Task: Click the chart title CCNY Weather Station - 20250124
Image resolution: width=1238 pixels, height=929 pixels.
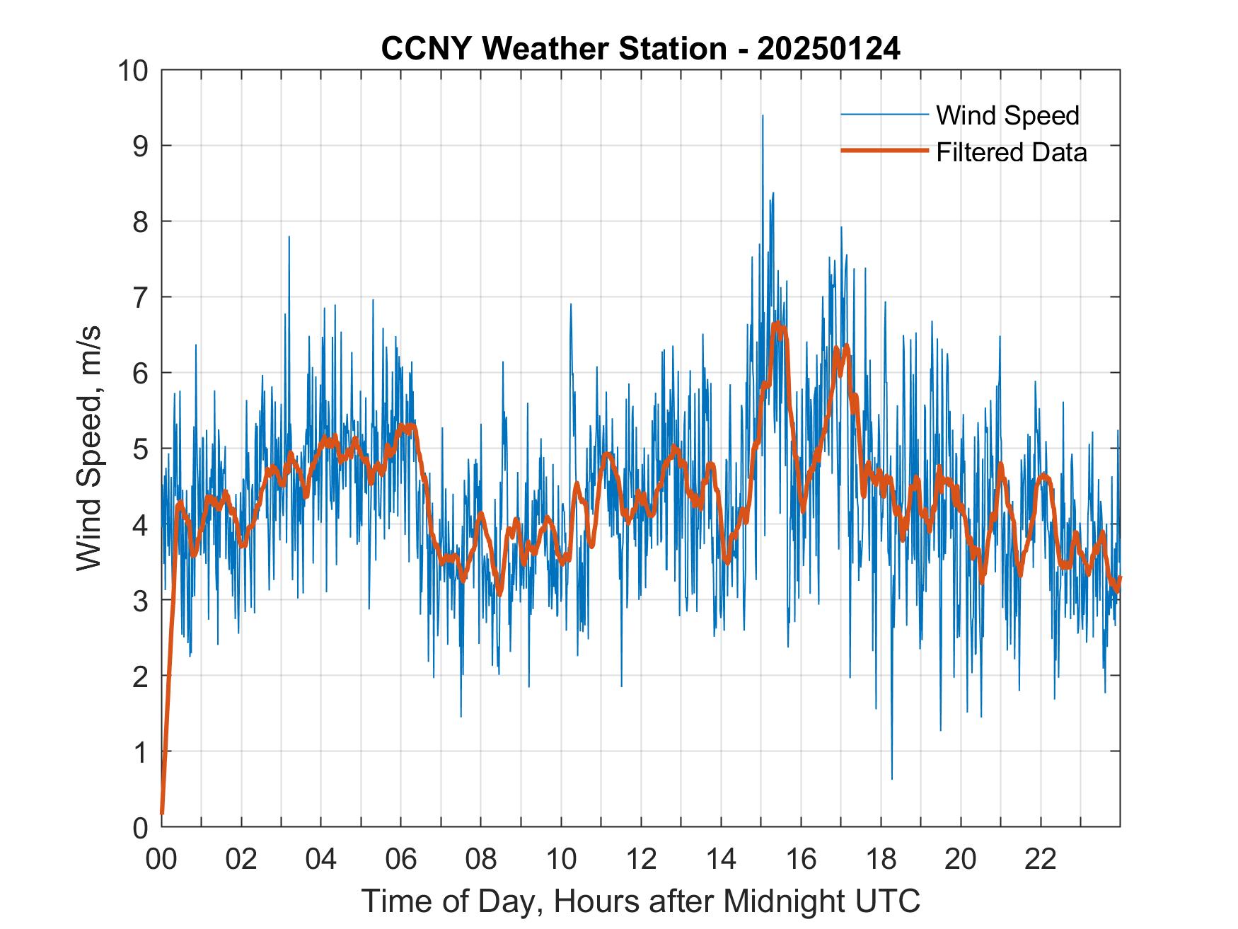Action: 640,49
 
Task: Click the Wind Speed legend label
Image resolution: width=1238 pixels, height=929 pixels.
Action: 1007,115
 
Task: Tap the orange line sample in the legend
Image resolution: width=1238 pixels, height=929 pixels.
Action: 884,151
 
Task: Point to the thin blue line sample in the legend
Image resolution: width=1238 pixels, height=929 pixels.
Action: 884,114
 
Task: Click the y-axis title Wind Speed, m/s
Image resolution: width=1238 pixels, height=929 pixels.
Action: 90,448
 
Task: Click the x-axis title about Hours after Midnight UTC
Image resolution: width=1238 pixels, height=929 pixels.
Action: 640,901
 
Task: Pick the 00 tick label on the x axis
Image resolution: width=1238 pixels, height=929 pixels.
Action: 161,859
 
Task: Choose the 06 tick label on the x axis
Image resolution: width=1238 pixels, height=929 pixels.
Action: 401,859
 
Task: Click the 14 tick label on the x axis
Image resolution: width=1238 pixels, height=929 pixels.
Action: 721,859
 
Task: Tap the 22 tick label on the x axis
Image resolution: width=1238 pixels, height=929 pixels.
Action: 1041,859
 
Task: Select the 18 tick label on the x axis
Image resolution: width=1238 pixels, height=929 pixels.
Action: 881,859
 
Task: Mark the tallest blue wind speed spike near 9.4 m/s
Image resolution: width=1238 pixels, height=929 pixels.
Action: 762,116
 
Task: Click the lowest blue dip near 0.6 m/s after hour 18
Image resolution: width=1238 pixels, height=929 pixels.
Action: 891,778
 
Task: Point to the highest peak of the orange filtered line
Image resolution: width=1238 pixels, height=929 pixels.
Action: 777,324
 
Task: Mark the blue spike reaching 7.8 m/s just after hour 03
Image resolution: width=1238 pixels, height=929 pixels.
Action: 289,237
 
